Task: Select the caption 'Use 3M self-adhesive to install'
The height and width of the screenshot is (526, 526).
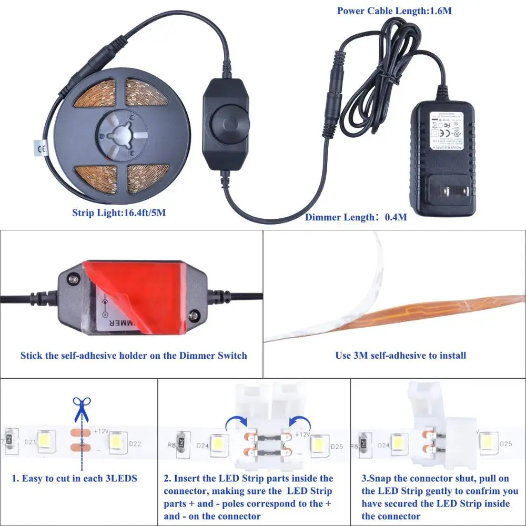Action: (x=400, y=356)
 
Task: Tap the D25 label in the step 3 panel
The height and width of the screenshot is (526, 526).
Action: (x=505, y=443)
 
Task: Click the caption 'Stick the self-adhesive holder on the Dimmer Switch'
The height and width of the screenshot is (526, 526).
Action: (x=134, y=356)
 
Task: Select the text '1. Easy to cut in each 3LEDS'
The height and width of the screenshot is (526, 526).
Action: (x=75, y=479)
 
